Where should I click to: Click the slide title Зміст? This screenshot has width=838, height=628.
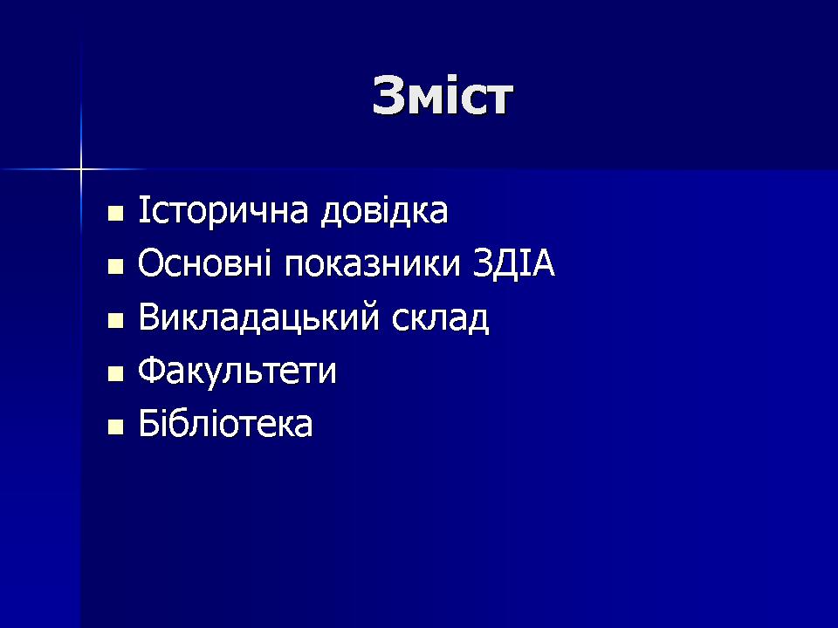tap(443, 96)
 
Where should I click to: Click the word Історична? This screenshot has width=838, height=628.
tap(223, 211)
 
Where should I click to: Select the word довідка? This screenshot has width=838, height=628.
tap(384, 210)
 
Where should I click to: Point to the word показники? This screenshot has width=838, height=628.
tap(372, 264)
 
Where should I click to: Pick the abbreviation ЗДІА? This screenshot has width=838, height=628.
tap(514, 263)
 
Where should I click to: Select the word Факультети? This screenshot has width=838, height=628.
tap(237, 370)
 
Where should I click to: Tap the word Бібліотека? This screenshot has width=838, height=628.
tap(225, 423)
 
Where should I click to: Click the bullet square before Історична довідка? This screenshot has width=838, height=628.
tap(115, 214)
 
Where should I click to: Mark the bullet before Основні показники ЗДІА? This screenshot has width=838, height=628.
tap(115, 267)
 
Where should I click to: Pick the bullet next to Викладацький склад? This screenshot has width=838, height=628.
tap(115, 320)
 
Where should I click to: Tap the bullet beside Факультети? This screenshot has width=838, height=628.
tap(115, 374)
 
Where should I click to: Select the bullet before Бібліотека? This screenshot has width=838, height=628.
tap(115, 427)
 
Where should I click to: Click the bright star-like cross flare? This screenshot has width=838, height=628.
tap(81, 170)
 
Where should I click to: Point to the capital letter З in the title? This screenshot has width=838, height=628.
tap(387, 96)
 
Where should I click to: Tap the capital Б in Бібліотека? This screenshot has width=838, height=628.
tap(148, 423)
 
